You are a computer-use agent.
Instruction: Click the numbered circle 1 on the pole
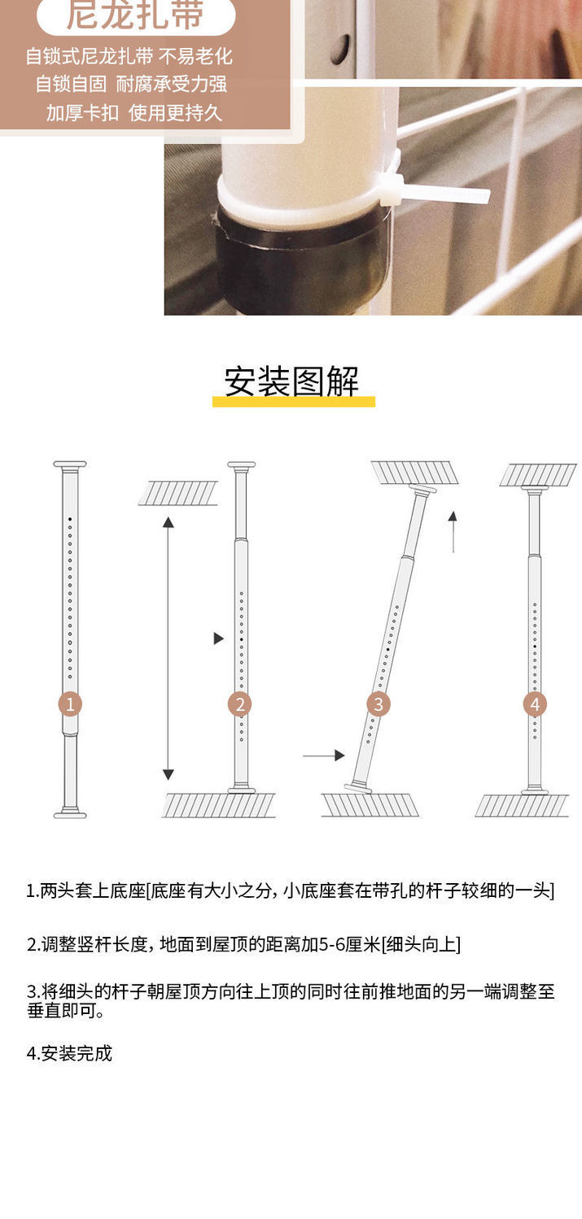70,704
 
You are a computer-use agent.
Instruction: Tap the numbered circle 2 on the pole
239,704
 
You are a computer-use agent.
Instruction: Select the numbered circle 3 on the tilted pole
378,704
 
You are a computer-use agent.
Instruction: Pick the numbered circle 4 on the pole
535,704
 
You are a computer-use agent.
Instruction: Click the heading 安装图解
291,381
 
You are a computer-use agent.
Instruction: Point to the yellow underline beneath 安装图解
293,402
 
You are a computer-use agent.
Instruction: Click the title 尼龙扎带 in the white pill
135,15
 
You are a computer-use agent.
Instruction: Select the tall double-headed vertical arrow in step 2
168,647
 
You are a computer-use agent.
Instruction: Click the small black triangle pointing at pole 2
218,638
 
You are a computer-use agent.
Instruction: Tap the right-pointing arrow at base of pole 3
324,755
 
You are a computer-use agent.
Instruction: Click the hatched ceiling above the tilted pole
414,472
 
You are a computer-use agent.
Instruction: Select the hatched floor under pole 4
522,806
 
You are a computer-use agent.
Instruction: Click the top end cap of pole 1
70,465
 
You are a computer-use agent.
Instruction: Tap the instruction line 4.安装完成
69,1053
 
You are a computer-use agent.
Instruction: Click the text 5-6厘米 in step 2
346,944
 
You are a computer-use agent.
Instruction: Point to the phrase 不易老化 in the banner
195,56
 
